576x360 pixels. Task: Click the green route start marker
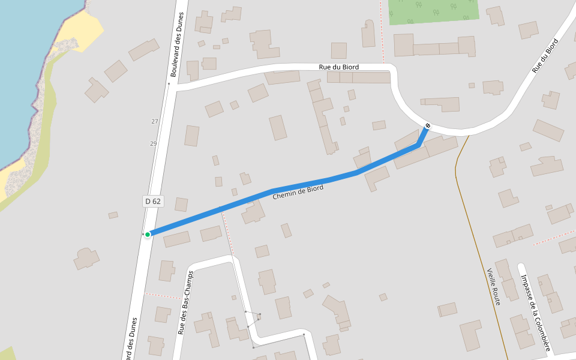pyautogui.click(x=148, y=234)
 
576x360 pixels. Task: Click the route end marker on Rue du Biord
pyautogui.click(x=427, y=126)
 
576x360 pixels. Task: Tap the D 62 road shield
pyautogui.click(x=153, y=201)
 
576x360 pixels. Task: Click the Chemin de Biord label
pyautogui.click(x=298, y=193)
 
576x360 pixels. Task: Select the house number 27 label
pyautogui.click(x=155, y=121)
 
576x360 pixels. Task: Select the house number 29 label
pyautogui.click(x=154, y=143)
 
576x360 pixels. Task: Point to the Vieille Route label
pyautogui.click(x=493, y=287)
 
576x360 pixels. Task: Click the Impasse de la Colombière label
pyautogui.click(x=535, y=312)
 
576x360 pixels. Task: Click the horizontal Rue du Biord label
pyautogui.click(x=339, y=67)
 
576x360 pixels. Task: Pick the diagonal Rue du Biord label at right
pyautogui.click(x=545, y=56)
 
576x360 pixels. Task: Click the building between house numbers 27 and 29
pyautogui.click(x=191, y=136)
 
